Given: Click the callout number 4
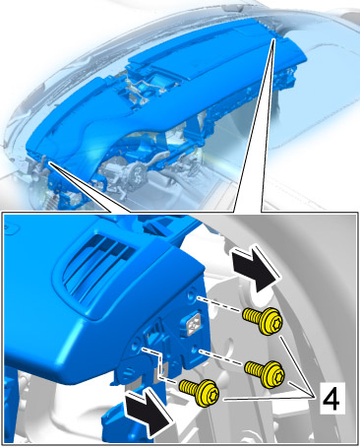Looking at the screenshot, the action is (x=331, y=398).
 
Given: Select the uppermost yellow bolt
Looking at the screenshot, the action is (x=263, y=321).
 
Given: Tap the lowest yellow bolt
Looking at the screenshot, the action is (x=200, y=392).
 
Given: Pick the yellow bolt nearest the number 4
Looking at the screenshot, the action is (x=265, y=373).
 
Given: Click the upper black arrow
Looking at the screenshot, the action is (x=256, y=269).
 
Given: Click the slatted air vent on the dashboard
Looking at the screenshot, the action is (x=98, y=263).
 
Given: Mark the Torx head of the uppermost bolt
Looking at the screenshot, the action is (x=273, y=323).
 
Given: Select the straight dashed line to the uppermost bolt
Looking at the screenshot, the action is (x=219, y=304).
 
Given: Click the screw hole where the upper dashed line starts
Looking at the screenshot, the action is (x=192, y=294).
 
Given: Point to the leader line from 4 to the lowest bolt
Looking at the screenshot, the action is (x=267, y=399).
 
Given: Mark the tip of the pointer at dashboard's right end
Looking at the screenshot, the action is (x=273, y=38).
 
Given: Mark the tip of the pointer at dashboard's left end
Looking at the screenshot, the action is (x=49, y=162).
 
